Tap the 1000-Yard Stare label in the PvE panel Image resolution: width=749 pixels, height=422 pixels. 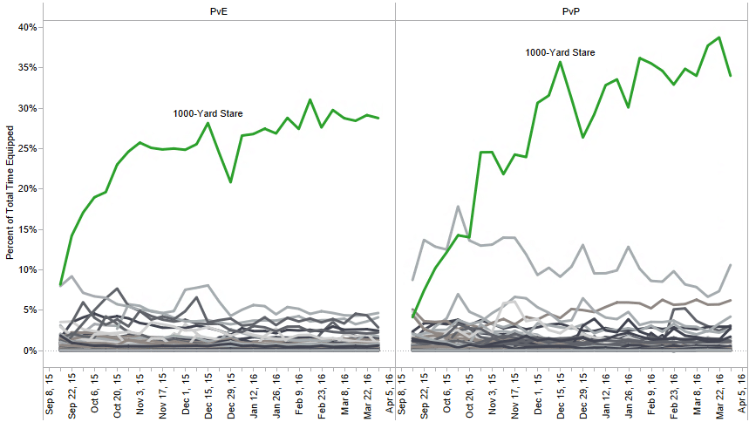click(x=208, y=113)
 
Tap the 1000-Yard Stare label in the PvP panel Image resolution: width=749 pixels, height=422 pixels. click(x=560, y=52)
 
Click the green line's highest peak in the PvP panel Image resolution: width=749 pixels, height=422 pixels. click(x=718, y=37)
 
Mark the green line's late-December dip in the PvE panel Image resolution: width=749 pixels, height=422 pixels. click(x=230, y=181)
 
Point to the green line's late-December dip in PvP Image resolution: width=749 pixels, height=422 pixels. click(x=582, y=137)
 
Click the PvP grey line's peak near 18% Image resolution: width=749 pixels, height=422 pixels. click(x=457, y=207)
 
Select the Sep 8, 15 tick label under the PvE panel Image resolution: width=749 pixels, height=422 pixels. click(x=50, y=394)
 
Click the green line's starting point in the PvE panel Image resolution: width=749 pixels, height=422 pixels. click(x=60, y=284)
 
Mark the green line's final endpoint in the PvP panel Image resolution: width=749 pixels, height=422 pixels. click(x=730, y=76)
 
